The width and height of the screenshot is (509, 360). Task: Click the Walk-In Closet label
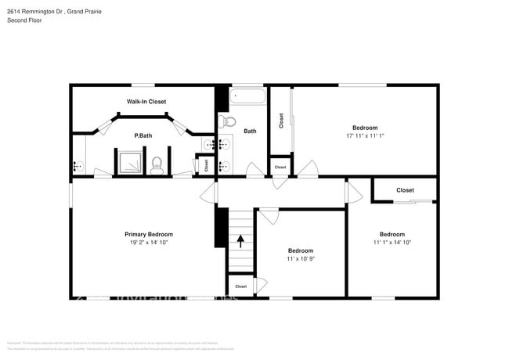146,102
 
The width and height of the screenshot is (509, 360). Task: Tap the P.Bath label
143,135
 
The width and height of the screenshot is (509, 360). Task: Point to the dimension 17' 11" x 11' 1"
364,136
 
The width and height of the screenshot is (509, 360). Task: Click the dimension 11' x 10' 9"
301,258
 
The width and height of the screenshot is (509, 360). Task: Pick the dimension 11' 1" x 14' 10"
392,243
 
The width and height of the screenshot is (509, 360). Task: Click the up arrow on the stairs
241,240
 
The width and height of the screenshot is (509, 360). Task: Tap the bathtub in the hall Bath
248,98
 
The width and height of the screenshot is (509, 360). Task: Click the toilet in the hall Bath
228,121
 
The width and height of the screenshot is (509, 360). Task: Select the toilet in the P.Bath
157,164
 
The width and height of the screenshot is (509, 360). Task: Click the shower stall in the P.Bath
128,162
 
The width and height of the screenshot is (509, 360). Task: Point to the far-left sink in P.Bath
77,165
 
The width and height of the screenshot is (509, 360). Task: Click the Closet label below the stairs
240,286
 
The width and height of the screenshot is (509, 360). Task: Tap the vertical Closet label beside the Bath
281,121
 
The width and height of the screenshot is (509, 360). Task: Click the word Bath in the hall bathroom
250,131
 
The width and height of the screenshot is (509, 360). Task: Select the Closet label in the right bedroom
405,190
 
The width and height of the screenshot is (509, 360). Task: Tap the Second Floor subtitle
23,21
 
